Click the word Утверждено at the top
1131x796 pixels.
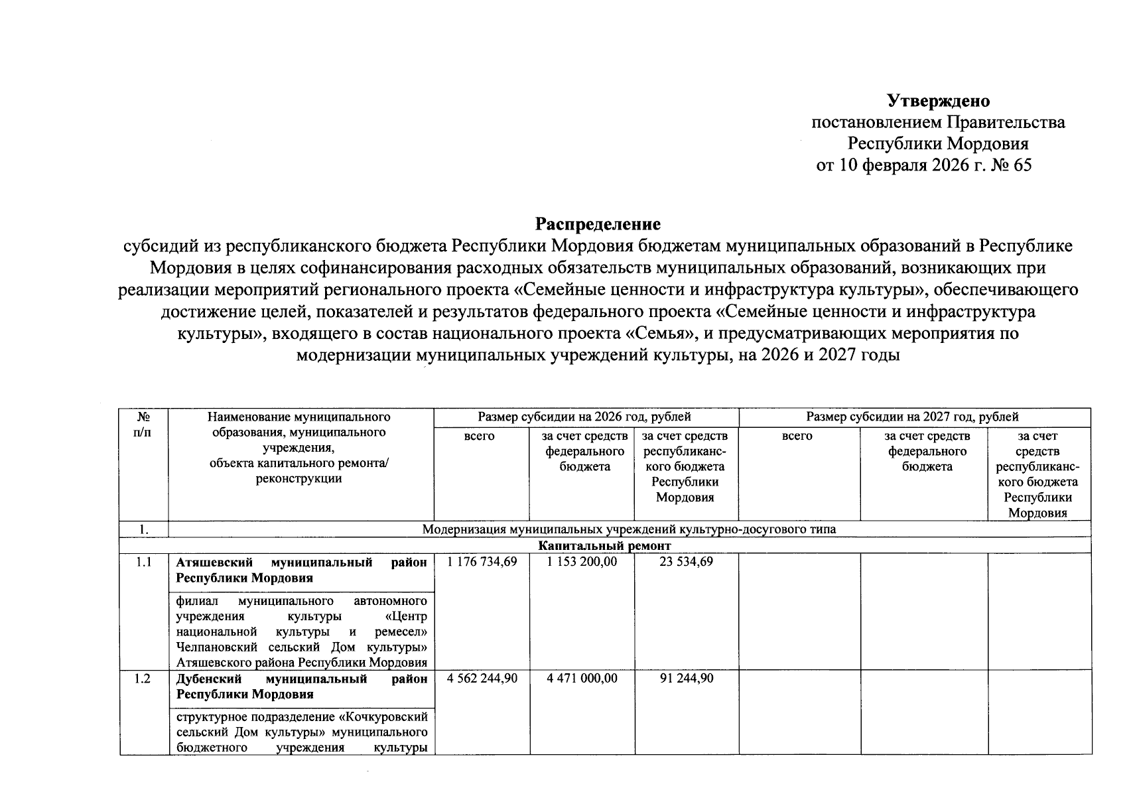pos(938,101)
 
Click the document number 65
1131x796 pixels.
pos(1022,165)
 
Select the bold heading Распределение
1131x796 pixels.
pos(598,224)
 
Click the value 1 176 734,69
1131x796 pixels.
pos(482,562)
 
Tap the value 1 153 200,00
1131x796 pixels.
pos(582,562)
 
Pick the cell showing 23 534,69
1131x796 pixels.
pos(687,562)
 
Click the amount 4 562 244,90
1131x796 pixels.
pos(482,679)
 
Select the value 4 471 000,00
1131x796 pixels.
pos(582,679)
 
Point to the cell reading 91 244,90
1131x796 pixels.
pos(687,679)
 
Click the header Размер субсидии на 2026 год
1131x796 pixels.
pos(584,417)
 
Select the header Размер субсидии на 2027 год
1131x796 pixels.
pos(912,417)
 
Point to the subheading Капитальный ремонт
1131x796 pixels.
pos(604,546)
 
